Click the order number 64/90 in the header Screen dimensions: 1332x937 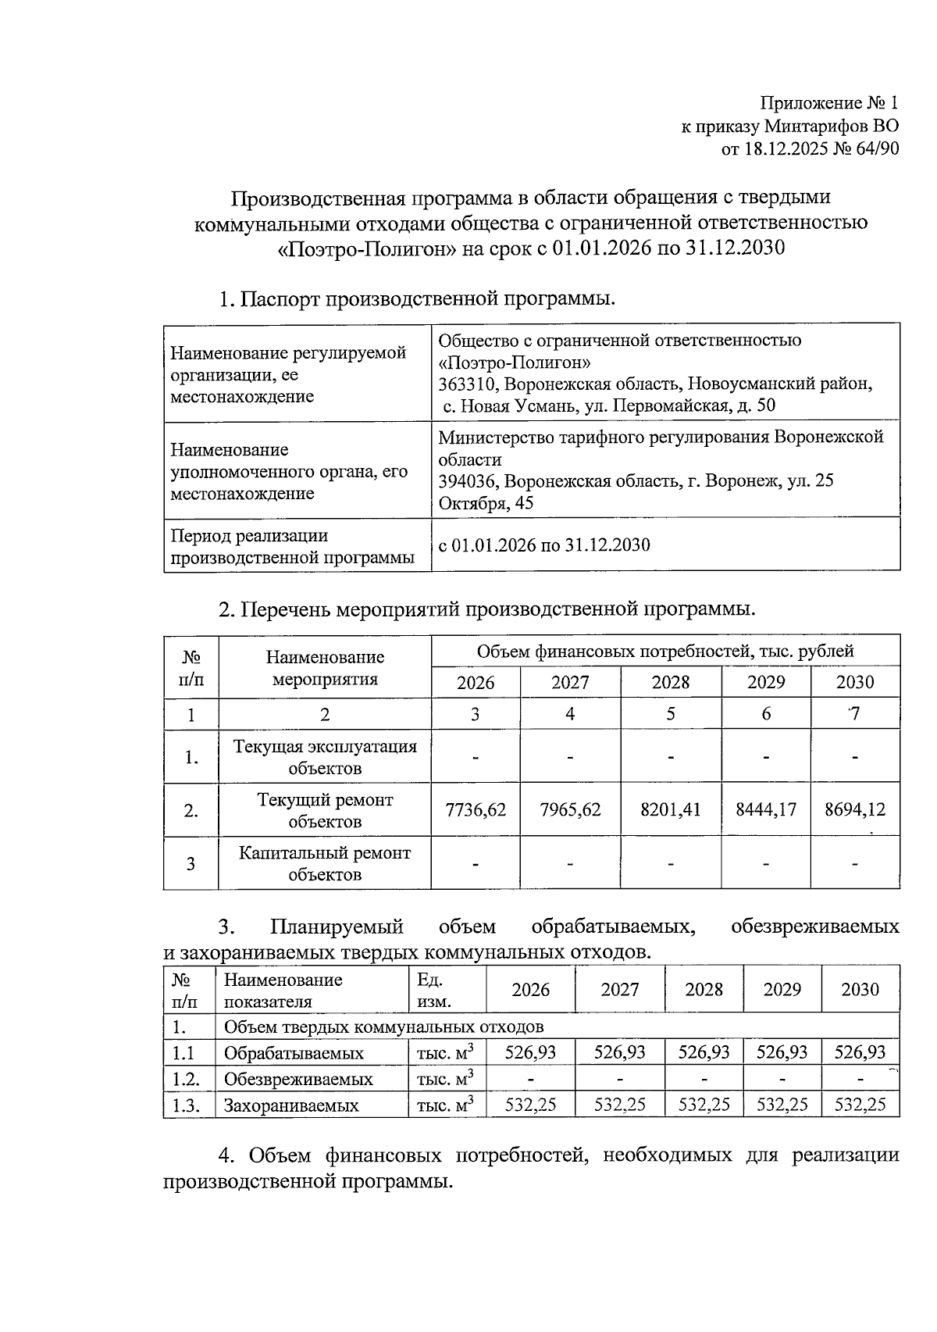click(x=872, y=149)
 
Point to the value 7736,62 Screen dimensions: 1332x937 click(x=475, y=809)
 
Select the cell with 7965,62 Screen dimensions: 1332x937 click(x=570, y=809)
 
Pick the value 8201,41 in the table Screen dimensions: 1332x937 click(x=670, y=809)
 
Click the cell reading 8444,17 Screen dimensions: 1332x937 click(x=765, y=809)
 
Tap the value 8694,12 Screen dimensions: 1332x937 click(x=855, y=809)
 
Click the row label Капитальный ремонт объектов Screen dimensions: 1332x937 click(x=324, y=863)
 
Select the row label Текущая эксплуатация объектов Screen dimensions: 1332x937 click(x=324, y=756)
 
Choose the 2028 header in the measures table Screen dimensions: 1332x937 click(x=670, y=682)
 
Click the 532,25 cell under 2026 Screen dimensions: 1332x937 click(x=530, y=1105)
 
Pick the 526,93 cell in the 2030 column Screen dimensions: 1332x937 click(x=860, y=1052)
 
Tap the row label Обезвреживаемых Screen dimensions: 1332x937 click(x=298, y=1079)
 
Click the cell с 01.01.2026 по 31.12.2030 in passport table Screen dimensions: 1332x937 click(x=544, y=545)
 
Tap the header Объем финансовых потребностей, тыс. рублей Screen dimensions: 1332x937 click(x=664, y=651)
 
